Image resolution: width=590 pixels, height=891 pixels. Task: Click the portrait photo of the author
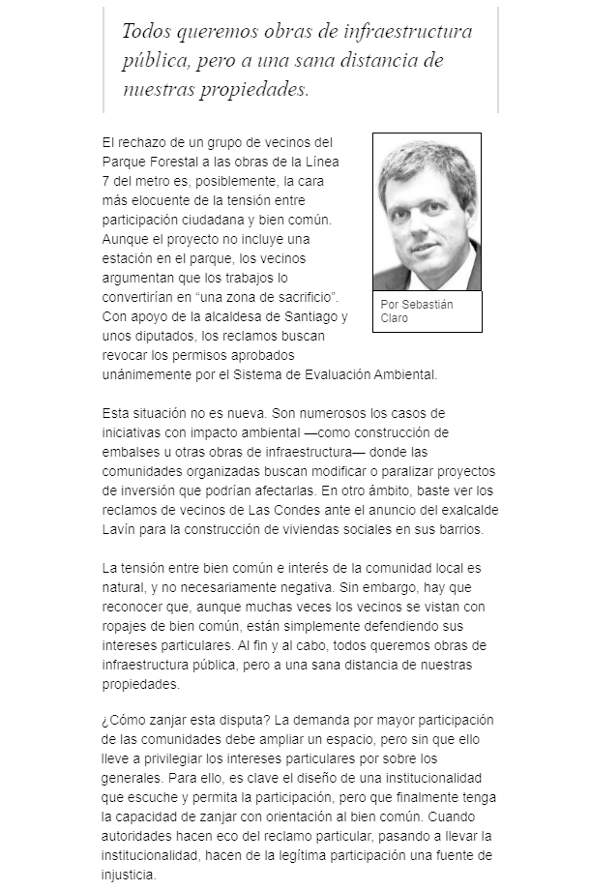pos(427,212)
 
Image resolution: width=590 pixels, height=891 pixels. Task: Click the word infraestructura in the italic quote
pos(413,32)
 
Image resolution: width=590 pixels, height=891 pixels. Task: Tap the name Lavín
pos(118,531)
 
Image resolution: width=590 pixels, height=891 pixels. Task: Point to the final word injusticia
pos(129,876)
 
